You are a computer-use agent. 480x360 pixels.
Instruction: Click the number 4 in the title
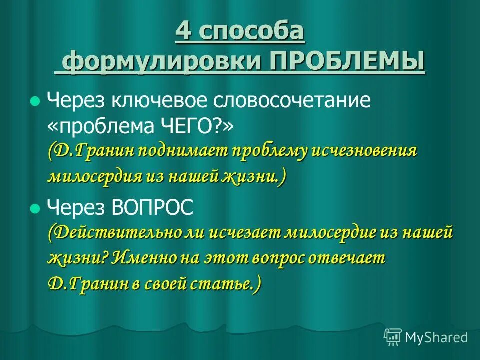coord(183,32)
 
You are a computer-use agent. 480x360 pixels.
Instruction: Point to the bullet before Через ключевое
coord(34,101)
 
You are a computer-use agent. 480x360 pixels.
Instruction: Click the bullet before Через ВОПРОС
coord(34,208)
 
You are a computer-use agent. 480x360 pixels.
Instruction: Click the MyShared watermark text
coord(437,337)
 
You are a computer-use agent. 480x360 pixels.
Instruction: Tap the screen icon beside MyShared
coord(393,336)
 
